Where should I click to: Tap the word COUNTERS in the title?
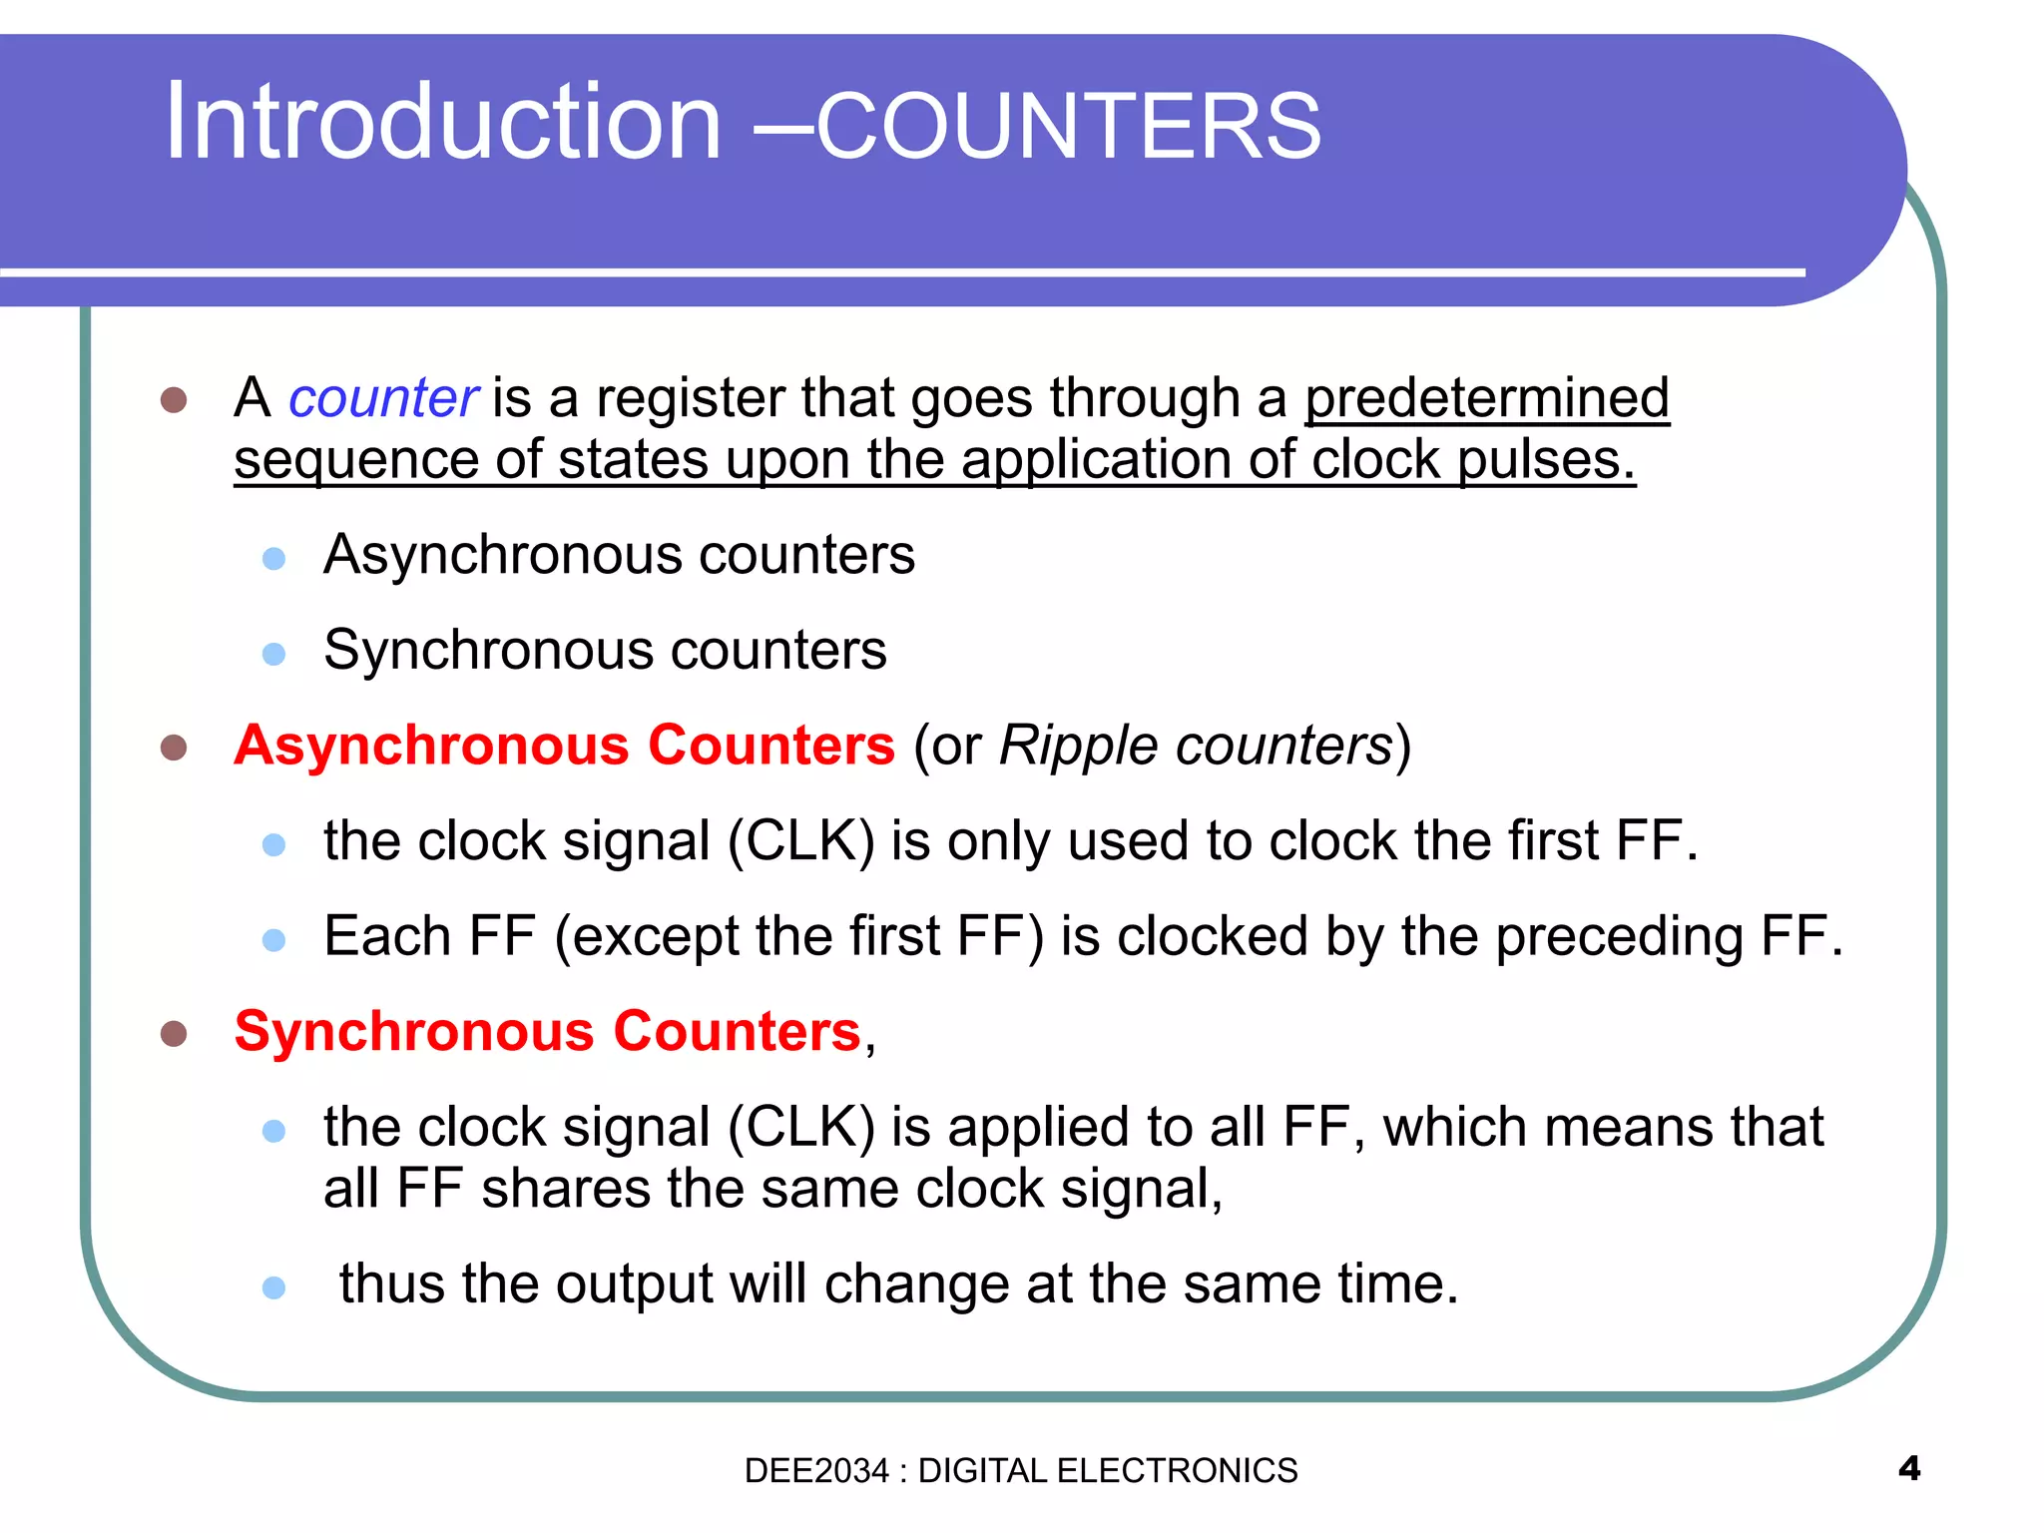1069,126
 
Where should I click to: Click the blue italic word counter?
383,398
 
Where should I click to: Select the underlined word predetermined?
1486,398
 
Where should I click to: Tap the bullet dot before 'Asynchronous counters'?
273,558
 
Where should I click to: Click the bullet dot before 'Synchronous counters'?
273,654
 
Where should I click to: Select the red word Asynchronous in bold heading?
431,746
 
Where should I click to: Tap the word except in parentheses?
655,937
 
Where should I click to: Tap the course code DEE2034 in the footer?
815,1471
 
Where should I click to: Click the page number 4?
1908,1469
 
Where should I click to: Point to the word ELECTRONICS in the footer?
1177,1471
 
